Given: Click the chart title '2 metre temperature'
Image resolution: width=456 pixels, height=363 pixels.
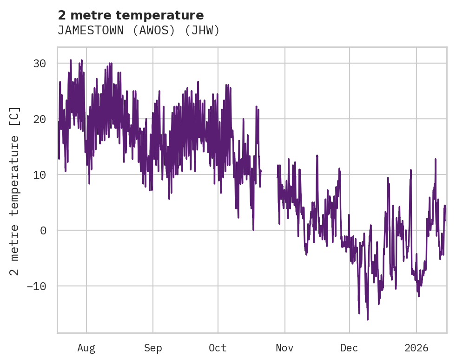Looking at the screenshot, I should [131, 15].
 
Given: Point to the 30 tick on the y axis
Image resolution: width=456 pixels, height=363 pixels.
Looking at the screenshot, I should [42, 63].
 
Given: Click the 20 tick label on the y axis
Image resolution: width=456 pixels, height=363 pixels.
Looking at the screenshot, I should [42, 119].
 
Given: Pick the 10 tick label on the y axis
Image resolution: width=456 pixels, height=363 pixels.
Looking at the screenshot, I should [42, 175].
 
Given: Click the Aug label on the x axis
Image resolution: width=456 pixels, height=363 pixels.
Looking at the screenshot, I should [86, 348].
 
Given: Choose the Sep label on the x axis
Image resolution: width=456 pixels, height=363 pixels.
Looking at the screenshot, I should [152, 348].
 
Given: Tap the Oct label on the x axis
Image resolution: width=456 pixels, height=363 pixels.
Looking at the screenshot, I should [218, 348].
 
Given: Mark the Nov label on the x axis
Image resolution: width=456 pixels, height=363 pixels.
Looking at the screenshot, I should [284, 348].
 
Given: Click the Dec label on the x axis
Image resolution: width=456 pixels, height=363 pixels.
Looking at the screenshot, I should [349, 348].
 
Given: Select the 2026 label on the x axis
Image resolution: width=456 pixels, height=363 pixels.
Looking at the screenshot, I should [416, 348].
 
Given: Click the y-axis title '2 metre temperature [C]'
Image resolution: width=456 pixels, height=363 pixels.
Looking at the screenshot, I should [15, 191].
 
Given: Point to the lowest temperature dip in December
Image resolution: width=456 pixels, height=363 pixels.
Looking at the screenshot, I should [367, 319].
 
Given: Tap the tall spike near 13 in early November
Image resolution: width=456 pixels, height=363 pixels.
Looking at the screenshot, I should [317, 156].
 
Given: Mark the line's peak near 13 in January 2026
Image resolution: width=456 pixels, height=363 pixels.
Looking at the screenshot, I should [436, 159].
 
